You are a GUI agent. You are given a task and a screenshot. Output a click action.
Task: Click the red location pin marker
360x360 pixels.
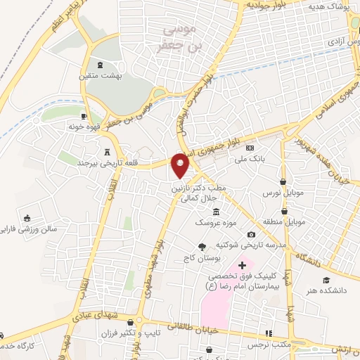click(x=181, y=165)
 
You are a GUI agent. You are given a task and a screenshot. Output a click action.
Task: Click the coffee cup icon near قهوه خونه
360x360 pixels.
click(x=84, y=117)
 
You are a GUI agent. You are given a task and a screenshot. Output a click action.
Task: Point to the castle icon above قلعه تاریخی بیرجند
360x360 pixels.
click(x=107, y=151)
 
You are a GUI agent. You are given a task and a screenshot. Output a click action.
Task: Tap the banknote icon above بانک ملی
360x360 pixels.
click(x=250, y=148)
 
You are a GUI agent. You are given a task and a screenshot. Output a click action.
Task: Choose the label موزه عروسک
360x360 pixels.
click(x=212, y=222)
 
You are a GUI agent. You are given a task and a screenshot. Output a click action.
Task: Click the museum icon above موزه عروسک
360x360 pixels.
click(x=215, y=212)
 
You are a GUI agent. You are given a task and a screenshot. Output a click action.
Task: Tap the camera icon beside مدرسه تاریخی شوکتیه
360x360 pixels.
click(x=251, y=234)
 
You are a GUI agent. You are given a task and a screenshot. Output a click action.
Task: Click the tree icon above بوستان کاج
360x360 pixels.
click(x=202, y=246)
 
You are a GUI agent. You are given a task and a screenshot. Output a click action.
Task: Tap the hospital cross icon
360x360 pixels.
click(x=243, y=264)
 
